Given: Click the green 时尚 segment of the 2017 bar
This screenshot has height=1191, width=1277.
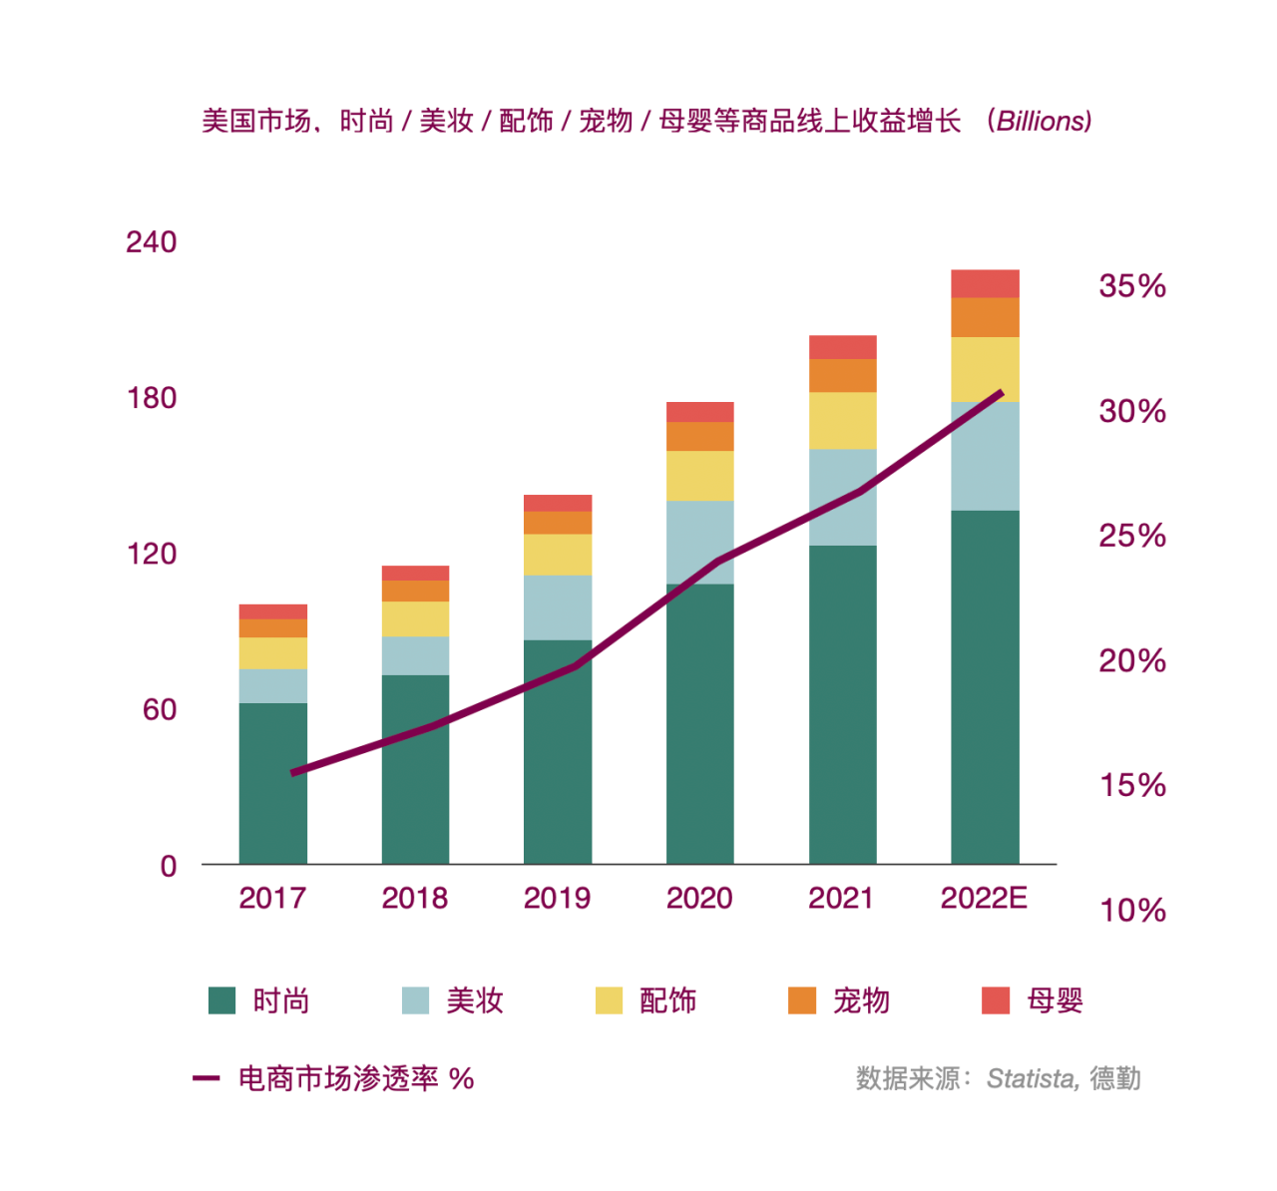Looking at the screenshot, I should coord(272,783).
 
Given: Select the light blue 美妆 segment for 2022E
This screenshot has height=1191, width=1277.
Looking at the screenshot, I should coord(985,456).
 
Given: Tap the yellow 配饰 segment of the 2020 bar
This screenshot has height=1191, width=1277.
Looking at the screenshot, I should coord(699,475).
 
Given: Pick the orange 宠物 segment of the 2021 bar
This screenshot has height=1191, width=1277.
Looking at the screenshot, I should coord(842,375).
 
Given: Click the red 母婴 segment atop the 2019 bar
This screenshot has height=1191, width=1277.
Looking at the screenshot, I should coord(557,503).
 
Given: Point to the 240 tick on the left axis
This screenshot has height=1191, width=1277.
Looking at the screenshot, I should coord(151,242).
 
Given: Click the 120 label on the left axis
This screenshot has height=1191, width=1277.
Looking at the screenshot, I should coord(151,554).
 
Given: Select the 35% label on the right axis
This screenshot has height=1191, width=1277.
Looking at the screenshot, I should coord(1132,286).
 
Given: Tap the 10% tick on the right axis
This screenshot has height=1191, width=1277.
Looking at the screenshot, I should coord(1132,910).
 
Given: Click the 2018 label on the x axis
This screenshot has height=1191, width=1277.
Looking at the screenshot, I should coord(414,899).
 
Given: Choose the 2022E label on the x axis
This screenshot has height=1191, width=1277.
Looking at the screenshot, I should coord(984,899).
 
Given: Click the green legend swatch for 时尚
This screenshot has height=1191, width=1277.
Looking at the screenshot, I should coord(221,1000).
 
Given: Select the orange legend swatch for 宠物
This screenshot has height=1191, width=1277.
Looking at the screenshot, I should coord(802,1000).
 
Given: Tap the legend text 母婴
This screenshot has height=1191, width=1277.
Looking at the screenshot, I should coord(1055,1000).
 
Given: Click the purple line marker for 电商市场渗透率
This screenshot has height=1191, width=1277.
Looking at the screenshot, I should coord(206,1078).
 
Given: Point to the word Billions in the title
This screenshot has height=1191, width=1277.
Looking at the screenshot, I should coord(1043,121).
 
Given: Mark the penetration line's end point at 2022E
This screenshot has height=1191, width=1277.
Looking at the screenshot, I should coord(1001,393).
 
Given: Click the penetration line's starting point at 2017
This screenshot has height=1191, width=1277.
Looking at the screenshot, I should coord(293,773).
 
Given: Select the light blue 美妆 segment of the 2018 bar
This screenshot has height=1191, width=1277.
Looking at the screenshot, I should coord(415,655).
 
